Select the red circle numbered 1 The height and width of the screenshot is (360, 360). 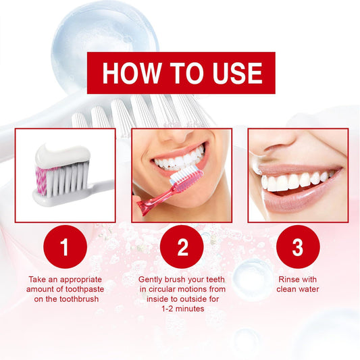pos(65,248)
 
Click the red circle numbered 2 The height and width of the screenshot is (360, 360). pos(182,248)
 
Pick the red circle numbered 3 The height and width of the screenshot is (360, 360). pos(298,248)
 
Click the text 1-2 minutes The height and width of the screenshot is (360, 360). pos(182,309)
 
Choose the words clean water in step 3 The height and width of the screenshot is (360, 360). pos(297,288)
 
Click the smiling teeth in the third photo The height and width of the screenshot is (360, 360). pos(298,180)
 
